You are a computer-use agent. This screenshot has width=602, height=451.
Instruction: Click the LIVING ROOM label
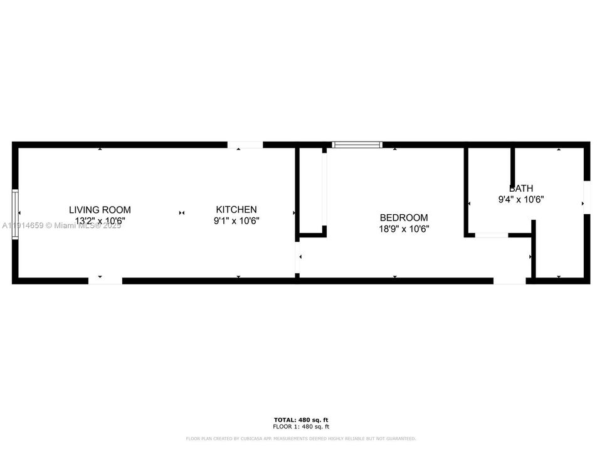[x=100, y=210]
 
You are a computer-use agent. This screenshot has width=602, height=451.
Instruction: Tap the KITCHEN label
[x=236, y=210]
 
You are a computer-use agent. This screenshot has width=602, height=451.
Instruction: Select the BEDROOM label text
[x=404, y=217]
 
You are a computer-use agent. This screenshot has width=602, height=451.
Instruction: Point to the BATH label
[x=521, y=188]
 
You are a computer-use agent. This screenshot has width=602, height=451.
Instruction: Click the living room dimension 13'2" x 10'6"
[x=100, y=221]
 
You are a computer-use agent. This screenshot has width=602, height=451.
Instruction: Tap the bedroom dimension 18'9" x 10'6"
[x=404, y=229]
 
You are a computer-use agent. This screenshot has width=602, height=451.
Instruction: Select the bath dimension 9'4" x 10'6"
[x=520, y=200]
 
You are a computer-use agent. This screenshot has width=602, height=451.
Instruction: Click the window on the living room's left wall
[x=16, y=215]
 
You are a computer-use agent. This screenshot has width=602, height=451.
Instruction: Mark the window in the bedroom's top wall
[x=357, y=145]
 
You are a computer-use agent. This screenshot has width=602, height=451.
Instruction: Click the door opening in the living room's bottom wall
[x=105, y=280]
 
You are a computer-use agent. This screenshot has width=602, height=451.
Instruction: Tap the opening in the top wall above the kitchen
[x=245, y=145]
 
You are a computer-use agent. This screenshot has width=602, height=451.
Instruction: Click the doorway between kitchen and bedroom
[x=297, y=257]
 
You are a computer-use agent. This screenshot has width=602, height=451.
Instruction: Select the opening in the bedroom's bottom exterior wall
[x=509, y=280]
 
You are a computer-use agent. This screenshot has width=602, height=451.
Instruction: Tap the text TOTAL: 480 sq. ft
[x=301, y=420]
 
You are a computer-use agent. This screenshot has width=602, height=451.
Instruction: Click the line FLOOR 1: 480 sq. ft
[x=301, y=427]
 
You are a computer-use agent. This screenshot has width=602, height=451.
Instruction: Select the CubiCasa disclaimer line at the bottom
[x=301, y=438]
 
